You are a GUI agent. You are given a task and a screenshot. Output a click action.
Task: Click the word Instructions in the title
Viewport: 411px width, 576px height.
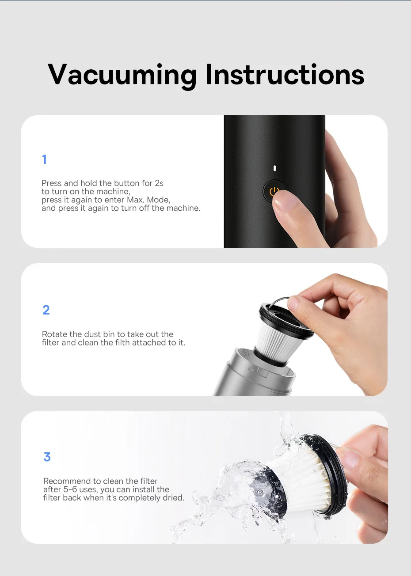click(x=285, y=74)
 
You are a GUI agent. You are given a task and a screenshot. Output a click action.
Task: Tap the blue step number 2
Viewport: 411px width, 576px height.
click(x=46, y=310)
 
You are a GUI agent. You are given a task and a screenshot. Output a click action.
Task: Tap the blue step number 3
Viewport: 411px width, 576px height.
click(x=47, y=457)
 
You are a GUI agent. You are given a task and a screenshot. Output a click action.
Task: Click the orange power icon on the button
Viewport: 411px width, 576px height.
click(x=274, y=192)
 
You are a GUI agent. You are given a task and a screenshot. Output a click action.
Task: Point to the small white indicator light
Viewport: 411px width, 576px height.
click(x=275, y=168)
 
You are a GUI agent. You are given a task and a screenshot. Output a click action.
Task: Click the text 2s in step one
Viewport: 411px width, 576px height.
click(x=159, y=183)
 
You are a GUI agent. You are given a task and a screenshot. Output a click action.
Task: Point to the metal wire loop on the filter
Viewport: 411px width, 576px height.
click(x=278, y=301)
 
